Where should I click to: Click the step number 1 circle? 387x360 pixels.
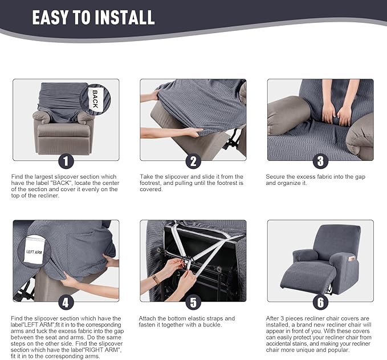[x=66, y=161]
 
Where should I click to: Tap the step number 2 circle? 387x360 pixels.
[x=193, y=161]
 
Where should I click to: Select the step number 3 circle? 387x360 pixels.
[x=320, y=161]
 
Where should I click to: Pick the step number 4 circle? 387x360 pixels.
[x=66, y=302]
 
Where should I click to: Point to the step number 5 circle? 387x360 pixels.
[x=193, y=302]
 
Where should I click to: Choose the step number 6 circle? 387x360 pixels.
[x=320, y=302]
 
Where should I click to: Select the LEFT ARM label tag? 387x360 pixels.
[x=35, y=252]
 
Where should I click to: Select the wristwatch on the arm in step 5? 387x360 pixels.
[x=156, y=279]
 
